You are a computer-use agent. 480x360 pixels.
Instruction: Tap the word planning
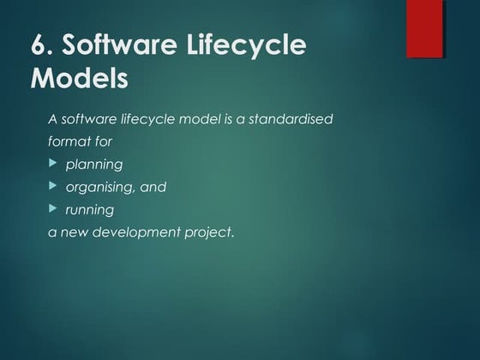pos(94,164)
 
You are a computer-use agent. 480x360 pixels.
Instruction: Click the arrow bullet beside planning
pos(53,162)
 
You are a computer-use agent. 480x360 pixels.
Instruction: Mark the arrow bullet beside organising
pos(53,185)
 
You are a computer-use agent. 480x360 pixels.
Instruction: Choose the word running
pos(89,209)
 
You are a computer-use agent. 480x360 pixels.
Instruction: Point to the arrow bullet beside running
pos(53,207)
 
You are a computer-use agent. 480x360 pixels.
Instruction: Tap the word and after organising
pos(154,186)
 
